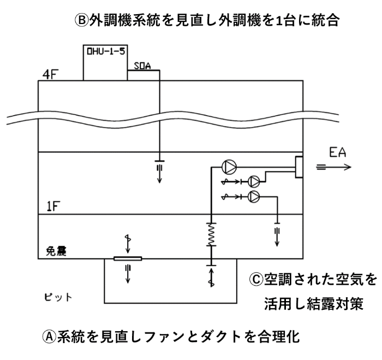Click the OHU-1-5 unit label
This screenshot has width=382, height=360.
click(106, 51)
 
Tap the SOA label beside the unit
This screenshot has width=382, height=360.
click(142, 66)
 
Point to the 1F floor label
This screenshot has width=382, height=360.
click(53, 206)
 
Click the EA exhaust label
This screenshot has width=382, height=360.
click(337, 152)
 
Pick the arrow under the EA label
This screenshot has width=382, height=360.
click(334, 167)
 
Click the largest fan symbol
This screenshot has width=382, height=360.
click(229, 167)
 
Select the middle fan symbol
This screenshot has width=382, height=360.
click(254, 182)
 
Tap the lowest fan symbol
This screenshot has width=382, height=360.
click(254, 196)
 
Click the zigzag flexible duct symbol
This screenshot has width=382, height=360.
click(211, 235)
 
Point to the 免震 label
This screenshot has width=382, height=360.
click(56, 251)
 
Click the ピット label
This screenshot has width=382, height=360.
click(58, 297)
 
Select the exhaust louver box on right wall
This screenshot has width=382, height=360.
click(299, 167)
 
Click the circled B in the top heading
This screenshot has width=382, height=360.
click(81, 20)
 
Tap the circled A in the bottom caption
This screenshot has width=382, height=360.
click(49, 337)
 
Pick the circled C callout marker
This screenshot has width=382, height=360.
click(256, 279)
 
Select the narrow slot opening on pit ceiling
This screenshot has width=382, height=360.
click(128, 259)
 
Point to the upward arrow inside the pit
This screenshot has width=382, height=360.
click(211, 277)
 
